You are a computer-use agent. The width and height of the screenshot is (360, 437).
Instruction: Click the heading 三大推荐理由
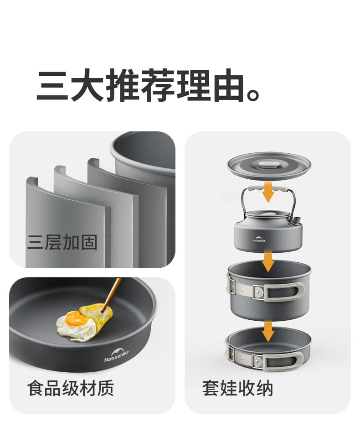click(141, 85)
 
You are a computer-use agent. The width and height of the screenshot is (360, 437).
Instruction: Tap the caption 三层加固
click(62, 242)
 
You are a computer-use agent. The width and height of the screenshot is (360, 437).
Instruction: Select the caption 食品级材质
click(71, 388)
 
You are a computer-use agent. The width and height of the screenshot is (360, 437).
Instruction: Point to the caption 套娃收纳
click(237, 388)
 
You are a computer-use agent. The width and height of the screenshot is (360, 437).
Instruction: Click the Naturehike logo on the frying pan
click(117, 354)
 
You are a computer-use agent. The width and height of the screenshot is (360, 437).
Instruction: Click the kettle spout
click(297, 220)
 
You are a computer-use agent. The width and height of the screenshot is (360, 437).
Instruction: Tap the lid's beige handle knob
click(268, 164)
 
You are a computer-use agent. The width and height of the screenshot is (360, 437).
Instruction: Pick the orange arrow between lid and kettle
click(268, 192)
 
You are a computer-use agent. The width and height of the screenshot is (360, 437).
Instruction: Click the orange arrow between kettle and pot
click(268, 260)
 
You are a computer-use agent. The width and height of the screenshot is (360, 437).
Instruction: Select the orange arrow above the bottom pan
click(268, 331)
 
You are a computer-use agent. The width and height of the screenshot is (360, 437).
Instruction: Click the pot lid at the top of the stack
click(269, 166)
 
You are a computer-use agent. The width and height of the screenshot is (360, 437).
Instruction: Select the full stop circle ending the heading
click(253, 94)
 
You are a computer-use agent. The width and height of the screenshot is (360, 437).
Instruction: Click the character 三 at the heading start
click(52, 85)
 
